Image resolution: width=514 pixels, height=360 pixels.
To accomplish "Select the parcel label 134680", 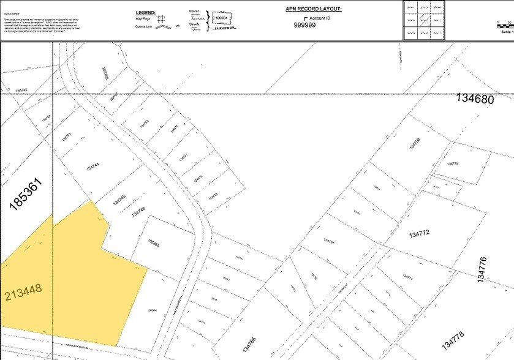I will [475, 99].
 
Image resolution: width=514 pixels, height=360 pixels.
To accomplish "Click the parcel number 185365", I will [154, 243].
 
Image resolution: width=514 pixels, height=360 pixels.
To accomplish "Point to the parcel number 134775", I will [453, 164].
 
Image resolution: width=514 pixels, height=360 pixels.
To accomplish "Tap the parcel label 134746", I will [138, 212].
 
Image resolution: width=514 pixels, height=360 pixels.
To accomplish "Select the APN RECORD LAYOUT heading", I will [313, 9].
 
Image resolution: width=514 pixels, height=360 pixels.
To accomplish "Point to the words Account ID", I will [320, 18].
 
